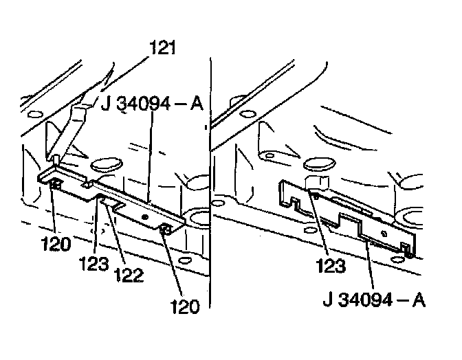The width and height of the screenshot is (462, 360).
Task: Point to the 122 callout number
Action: pos(129,275)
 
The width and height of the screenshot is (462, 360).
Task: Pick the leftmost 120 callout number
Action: pos(56,242)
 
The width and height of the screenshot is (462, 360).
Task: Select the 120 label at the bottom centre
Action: pos(184,305)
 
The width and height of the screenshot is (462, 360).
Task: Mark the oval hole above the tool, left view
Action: pos(103,163)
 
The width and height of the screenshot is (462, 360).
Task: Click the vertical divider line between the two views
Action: pos(209,206)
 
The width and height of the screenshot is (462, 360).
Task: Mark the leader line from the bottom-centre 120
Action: pos(173,265)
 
